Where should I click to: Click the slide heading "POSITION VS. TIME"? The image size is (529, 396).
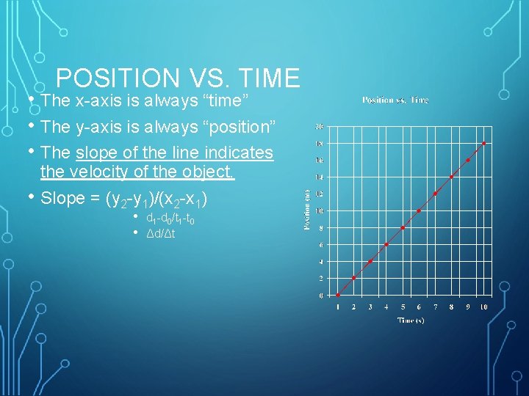178,78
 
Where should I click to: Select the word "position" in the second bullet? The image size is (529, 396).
243,127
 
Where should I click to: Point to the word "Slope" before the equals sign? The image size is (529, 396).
63,199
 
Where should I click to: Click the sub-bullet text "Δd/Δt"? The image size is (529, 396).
161,233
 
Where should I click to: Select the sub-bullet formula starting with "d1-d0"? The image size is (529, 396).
170,219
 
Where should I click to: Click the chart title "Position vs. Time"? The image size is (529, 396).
395,100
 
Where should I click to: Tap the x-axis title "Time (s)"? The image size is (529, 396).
411,320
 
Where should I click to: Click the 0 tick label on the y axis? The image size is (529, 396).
320,296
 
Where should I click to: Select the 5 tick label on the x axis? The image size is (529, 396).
403,307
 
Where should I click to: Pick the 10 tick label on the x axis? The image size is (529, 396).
484,307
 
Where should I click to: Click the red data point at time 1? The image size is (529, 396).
338,296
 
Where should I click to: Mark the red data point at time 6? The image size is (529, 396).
419,210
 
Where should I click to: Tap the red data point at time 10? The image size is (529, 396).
484,143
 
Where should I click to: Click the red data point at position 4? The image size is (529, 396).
370,261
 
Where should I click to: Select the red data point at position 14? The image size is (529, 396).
451,177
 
